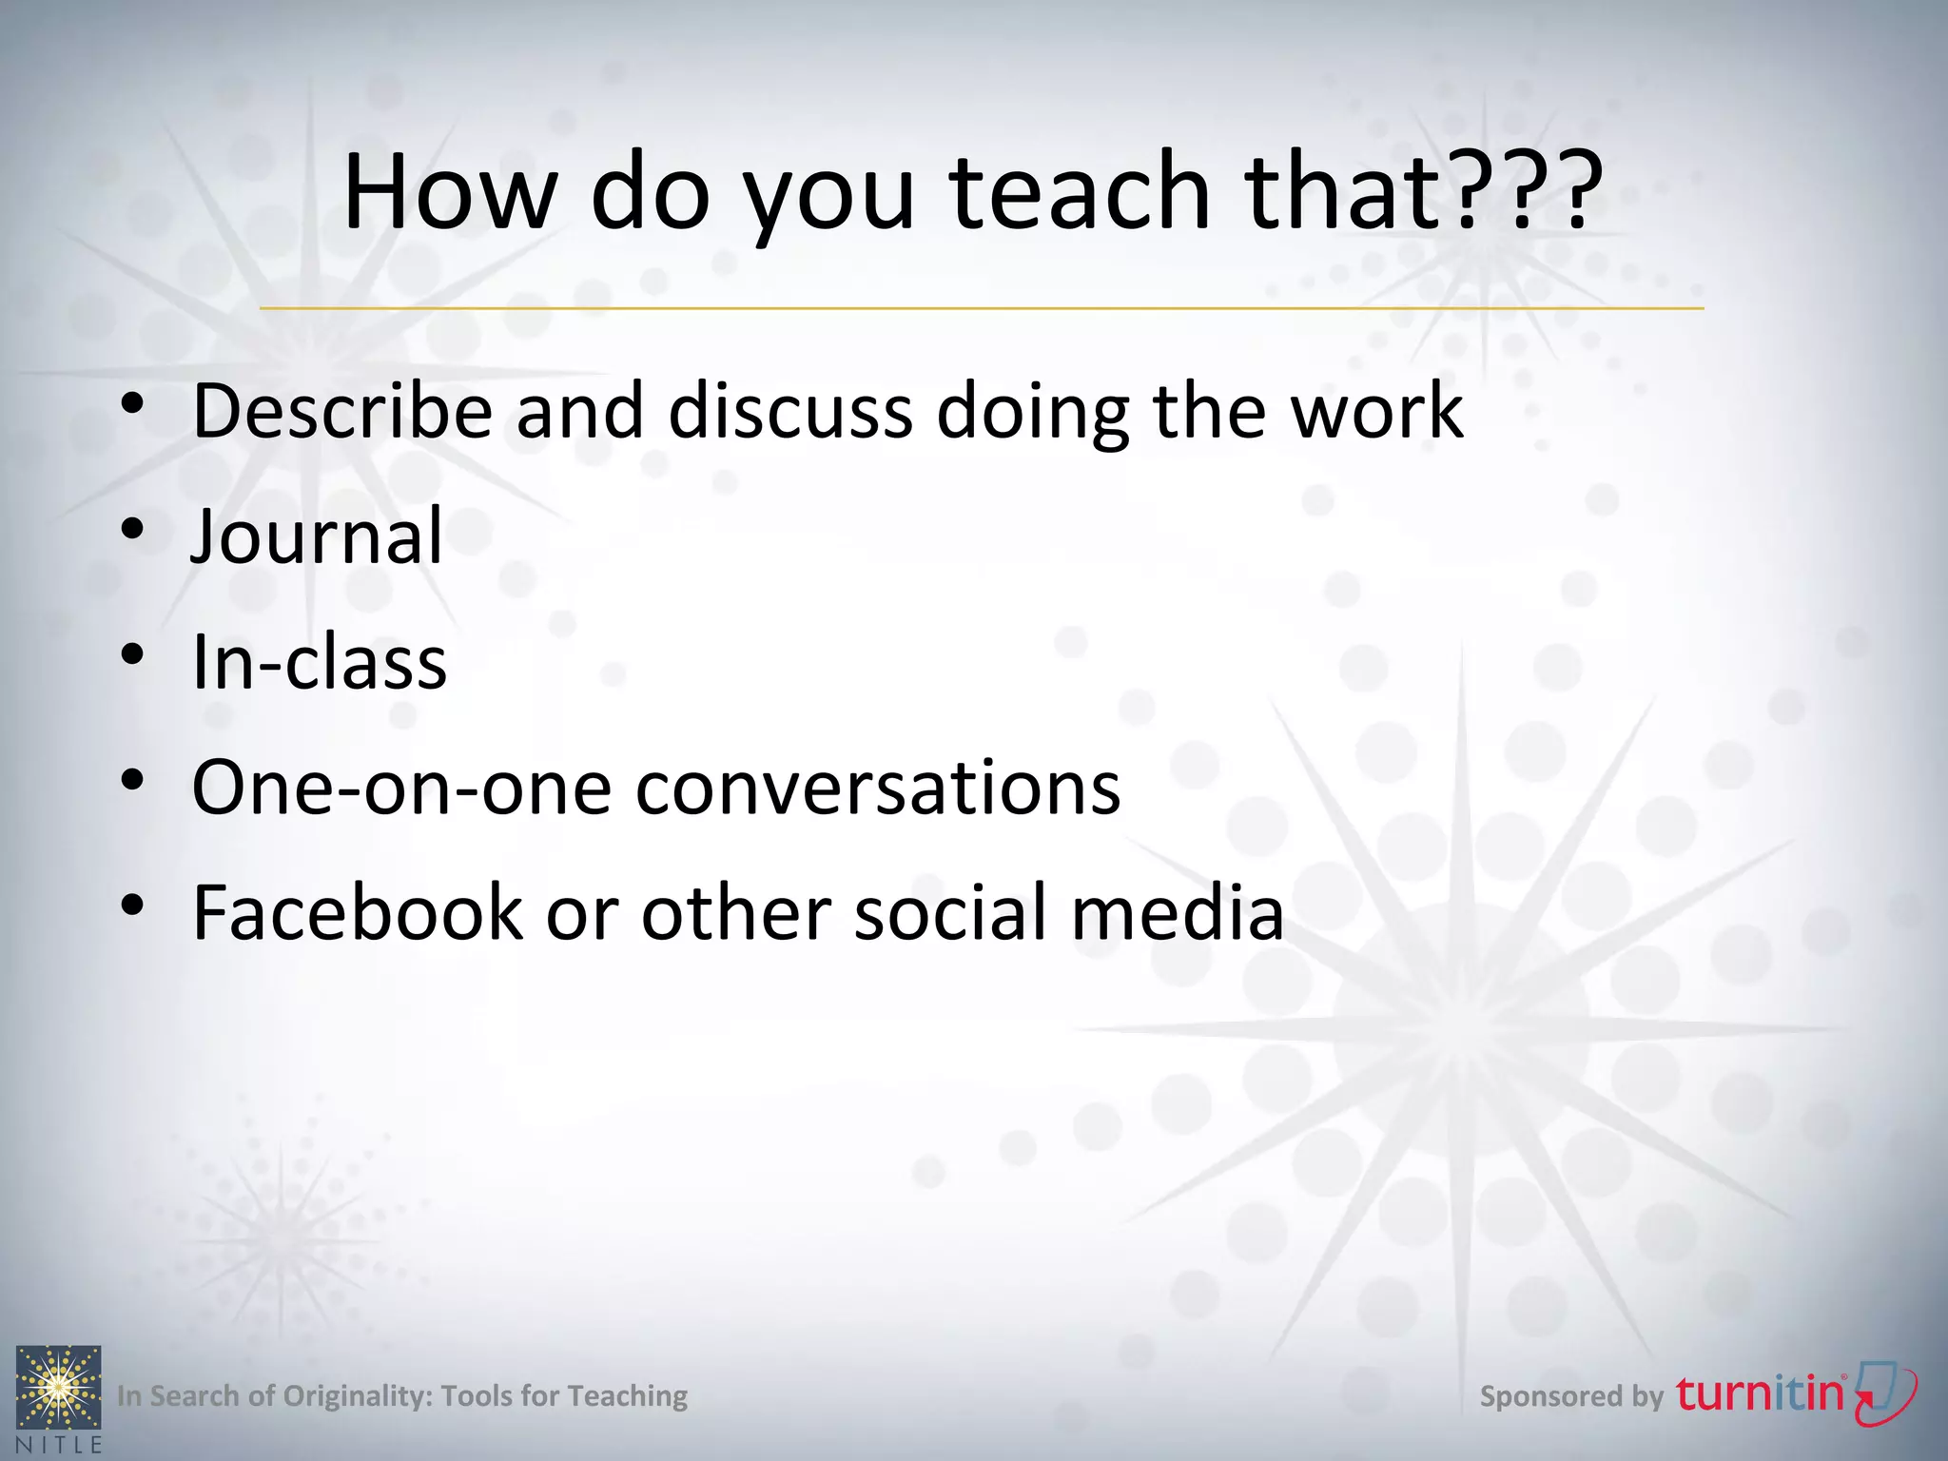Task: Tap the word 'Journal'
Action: click(317, 536)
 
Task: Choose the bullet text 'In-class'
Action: click(320, 662)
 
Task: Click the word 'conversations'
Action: click(878, 788)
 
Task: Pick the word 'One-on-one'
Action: click(401, 788)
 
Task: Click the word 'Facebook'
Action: click(358, 913)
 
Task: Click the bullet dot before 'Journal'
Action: click(132, 528)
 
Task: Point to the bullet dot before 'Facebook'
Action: click(132, 905)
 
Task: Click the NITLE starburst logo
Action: click(58, 1388)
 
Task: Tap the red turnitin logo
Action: click(1794, 1394)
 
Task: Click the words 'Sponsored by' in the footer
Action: click(1571, 1396)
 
